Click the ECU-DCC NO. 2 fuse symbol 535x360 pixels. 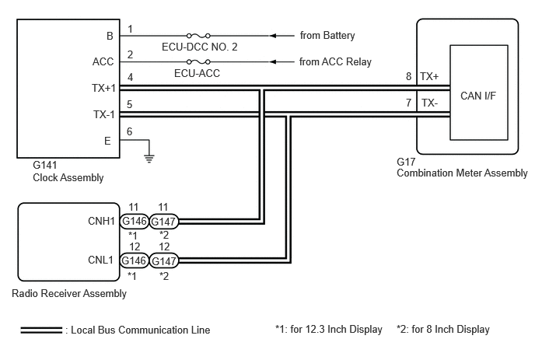(198, 36)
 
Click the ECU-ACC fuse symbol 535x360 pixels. (198, 61)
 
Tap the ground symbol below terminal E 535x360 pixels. (149, 159)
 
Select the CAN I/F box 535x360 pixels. (479, 93)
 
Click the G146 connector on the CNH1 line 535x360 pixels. (135, 221)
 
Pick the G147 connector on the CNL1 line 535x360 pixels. (164, 261)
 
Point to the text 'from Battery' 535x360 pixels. (327, 36)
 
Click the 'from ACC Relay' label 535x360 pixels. (335, 61)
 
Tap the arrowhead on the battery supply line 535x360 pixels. (273, 36)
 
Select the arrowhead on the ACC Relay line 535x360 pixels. (273, 61)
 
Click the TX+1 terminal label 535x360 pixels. (103, 88)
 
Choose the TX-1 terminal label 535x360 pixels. (104, 114)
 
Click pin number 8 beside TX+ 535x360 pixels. (408, 76)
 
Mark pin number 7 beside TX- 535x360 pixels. (408, 103)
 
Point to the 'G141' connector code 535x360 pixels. (44, 165)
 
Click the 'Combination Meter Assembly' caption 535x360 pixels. (462, 173)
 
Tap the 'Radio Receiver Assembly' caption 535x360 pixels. (69, 293)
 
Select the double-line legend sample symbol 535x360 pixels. (41, 330)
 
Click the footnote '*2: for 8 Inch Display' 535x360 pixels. (443, 330)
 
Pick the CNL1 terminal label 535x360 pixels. (100, 260)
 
